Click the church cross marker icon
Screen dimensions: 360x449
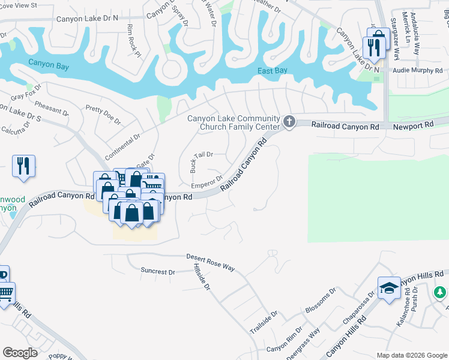[289, 122]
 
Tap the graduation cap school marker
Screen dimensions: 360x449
[388, 290]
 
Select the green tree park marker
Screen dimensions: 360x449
[441, 292]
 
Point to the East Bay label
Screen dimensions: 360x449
[273, 71]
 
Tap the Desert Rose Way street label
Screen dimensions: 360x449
[210, 262]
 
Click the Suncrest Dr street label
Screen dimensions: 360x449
[157, 271]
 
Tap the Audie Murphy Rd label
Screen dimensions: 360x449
[417, 70]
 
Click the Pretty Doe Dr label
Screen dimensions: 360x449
[103, 113]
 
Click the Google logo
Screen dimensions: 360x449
[20, 353]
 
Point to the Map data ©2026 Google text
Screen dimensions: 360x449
[411, 355]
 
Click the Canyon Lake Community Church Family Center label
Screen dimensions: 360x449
[234, 122]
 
